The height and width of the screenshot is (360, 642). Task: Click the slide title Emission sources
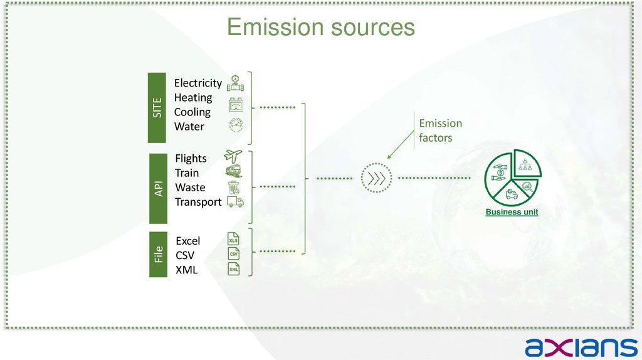click(x=320, y=28)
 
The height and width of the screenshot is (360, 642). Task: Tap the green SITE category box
click(x=158, y=107)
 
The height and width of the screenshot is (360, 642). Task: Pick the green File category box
click(x=159, y=254)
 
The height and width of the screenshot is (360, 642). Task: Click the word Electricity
click(x=197, y=83)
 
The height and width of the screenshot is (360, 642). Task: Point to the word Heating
click(x=192, y=97)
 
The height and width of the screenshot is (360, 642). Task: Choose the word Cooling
click(x=192, y=112)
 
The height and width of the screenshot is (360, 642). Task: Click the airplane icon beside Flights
click(x=233, y=156)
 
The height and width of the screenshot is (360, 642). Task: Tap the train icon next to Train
click(x=233, y=171)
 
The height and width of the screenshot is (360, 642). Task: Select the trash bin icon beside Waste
click(x=233, y=187)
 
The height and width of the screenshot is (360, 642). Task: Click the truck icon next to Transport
click(x=234, y=201)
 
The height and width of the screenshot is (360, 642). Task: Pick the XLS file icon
click(x=233, y=240)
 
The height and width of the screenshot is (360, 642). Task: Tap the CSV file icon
click(x=233, y=254)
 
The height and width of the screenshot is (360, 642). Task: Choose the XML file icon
click(x=233, y=269)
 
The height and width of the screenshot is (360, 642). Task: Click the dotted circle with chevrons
click(x=376, y=179)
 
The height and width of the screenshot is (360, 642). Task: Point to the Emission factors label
click(x=440, y=130)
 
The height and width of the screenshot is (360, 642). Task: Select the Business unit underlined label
click(x=512, y=212)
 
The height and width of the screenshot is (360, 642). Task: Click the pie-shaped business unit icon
click(x=513, y=177)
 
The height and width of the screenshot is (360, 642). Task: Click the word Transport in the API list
click(x=198, y=202)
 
